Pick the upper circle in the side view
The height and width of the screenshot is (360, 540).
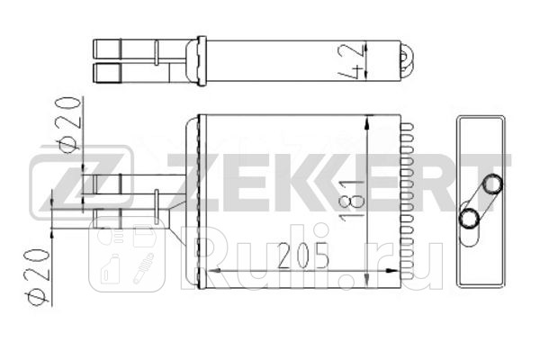492,184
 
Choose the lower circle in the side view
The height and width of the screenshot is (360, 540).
469,218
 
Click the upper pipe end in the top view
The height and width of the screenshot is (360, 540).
106,47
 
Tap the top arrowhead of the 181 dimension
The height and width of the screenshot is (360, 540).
368,123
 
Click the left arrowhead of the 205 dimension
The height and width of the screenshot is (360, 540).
212,271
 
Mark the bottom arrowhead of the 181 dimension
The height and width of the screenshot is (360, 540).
368,279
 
